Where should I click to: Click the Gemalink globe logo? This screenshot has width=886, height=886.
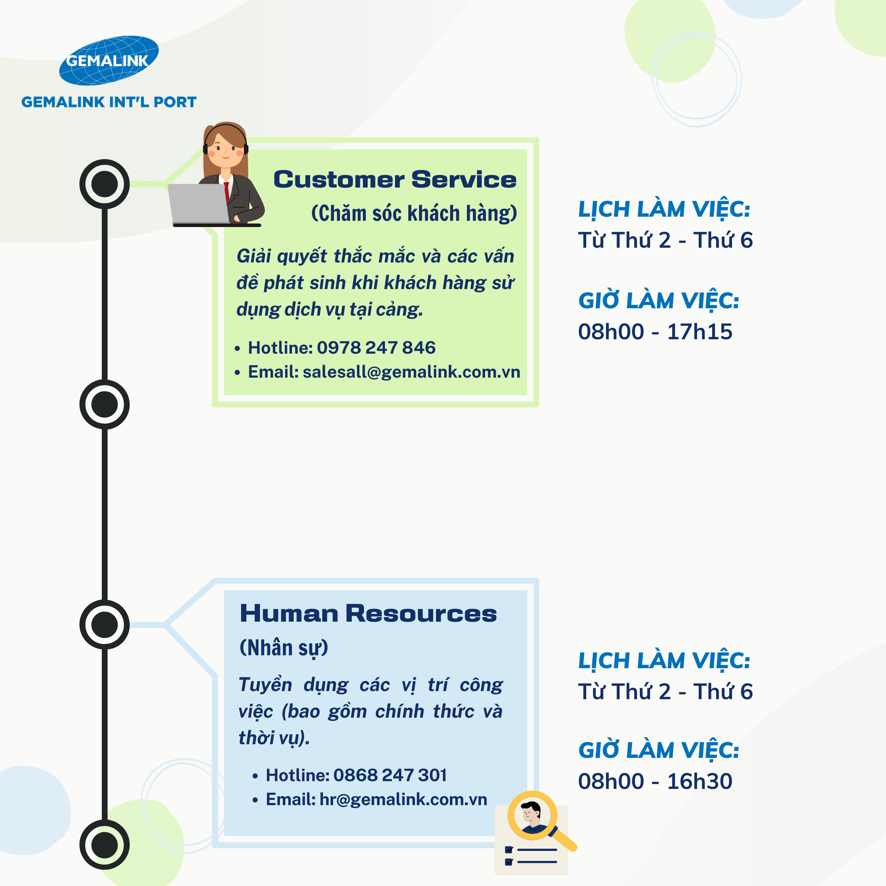pos(109,61)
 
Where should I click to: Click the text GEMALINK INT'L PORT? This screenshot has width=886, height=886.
pos(109,102)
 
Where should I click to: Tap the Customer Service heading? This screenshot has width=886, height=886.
pos(394,179)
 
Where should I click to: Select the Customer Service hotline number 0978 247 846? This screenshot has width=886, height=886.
pos(376,348)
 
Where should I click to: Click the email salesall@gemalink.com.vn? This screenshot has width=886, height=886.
pos(411,372)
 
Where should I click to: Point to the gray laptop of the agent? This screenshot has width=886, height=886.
pos(199,203)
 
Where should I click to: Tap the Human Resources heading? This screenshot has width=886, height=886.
pos(368,614)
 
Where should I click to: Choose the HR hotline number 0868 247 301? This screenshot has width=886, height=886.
pos(390,775)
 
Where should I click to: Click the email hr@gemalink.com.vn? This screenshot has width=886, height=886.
pos(403,799)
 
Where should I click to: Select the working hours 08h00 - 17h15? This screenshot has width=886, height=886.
pos(655,332)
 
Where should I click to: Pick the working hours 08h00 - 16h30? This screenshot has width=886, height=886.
pos(655,781)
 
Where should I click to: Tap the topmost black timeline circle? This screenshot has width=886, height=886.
pos(104,184)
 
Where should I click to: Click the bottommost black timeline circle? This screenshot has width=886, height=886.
pos(104,845)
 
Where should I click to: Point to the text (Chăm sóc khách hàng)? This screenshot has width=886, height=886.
pos(413,214)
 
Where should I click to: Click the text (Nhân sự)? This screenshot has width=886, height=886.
pos(284,648)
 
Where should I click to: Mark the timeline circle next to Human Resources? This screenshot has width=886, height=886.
pos(104,625)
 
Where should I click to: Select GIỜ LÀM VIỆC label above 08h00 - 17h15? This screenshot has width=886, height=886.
pos(659,301)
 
